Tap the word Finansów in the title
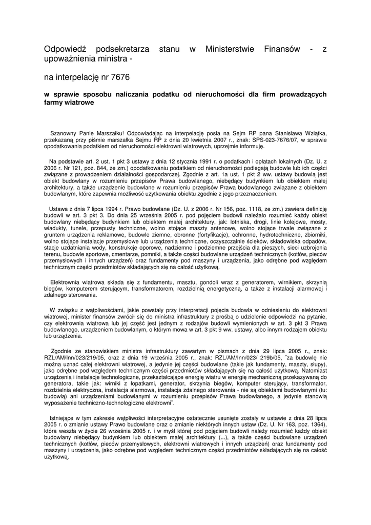tap(281, 50)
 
